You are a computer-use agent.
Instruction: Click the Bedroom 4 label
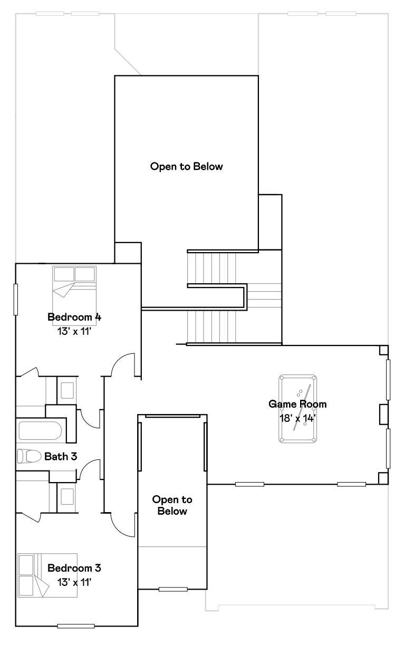(x=74, y=317)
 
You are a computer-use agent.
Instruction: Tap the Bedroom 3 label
(x=74, y=568)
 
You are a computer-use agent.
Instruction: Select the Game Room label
(x=297, y=404)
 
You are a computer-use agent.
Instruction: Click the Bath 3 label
(x=61, y=456)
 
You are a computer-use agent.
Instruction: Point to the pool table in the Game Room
(x=298, y=409)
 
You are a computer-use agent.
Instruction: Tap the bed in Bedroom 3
(x=47, y=575)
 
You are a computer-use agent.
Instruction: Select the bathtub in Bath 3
(x=40, y=431)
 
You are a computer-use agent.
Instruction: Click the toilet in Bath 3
(x=30, y=456)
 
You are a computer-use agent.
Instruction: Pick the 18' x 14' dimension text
(x=298, y=418)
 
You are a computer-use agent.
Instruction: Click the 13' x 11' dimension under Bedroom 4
(x=74, y=331)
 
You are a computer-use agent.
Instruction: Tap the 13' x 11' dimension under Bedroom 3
(x=74, y=583)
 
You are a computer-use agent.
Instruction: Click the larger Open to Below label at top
(x=187, y=167)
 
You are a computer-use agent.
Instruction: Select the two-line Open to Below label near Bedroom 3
(x=172, y=505)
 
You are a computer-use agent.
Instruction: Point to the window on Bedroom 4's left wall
(x=16, y=300)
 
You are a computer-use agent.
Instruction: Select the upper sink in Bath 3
(x=67, y=390)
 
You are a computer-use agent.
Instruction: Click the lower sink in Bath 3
(x=67, y=496)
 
